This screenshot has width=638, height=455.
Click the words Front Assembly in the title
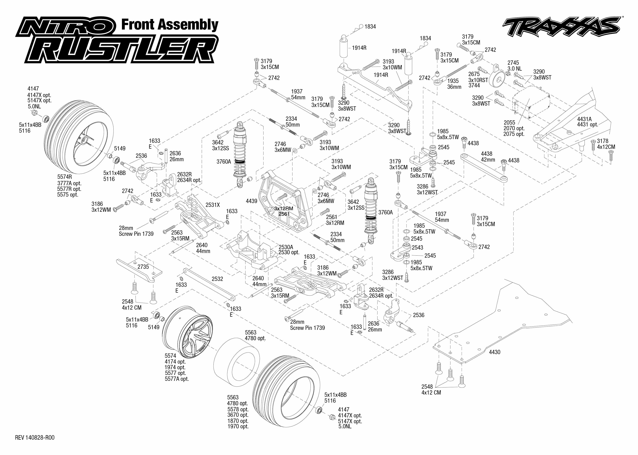[x=170, y=25]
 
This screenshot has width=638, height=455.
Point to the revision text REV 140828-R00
[x=35, y=438]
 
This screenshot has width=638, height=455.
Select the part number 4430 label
[x=494, y=352]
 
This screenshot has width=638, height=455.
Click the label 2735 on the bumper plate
[x=143, y=267]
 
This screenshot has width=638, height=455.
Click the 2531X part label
[x=212, y=205]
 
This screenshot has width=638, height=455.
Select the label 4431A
[x=584, y=119]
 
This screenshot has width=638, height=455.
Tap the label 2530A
[x=286, y=247]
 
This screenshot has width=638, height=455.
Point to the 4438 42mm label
[x=488, y=157]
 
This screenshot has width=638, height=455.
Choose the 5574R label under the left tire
[x=65, y=177]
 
